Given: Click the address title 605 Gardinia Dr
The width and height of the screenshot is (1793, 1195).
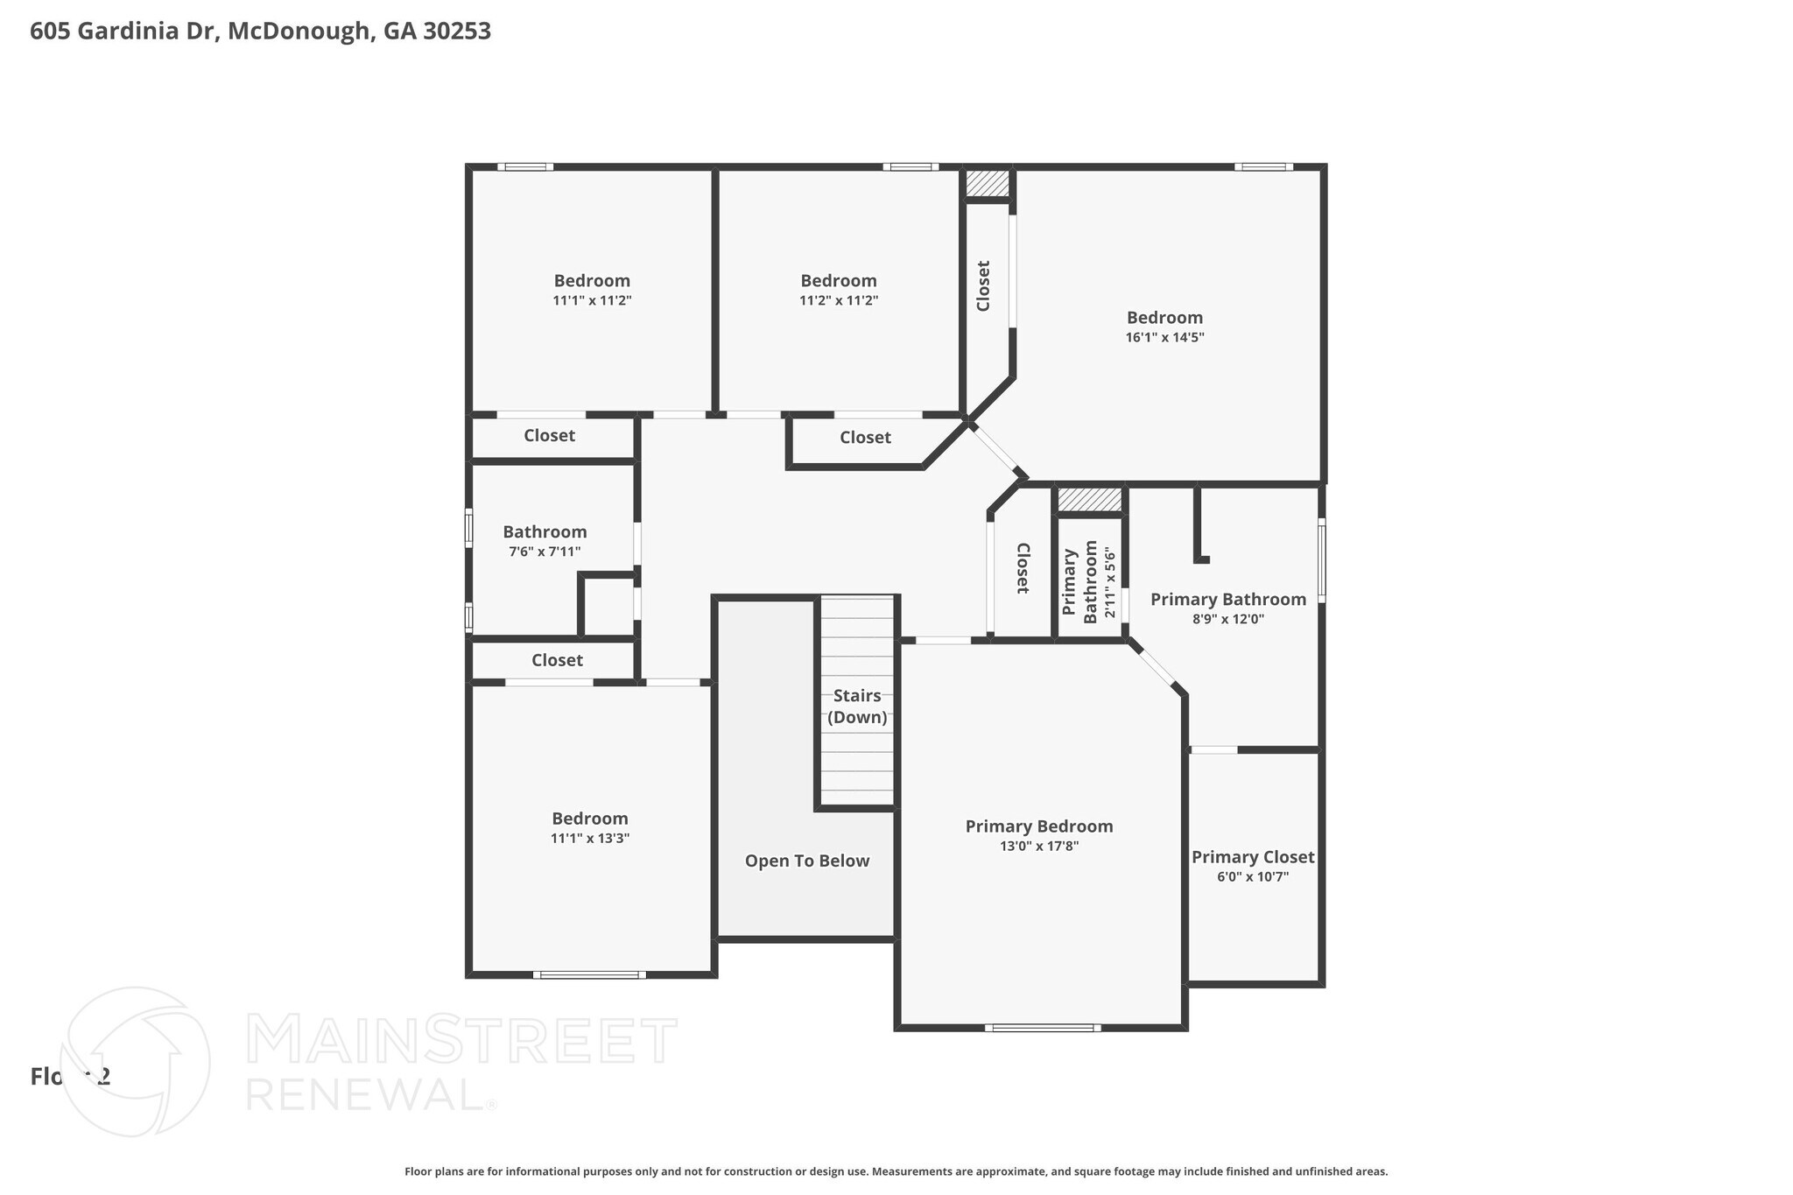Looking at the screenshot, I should coord(260,32).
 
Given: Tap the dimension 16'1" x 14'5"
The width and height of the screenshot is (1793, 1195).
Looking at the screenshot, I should coord(1164,337).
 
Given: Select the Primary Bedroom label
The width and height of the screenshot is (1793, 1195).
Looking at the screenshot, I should coord(1038,826).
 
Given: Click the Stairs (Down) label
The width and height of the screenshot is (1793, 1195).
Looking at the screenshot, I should coord(857,706).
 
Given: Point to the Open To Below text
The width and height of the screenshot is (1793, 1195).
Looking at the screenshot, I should coord(806,861).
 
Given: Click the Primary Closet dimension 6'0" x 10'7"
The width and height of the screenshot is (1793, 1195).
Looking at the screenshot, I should coord(1252,877).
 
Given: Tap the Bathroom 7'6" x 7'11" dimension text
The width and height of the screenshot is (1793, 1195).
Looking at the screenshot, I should coord(545,552).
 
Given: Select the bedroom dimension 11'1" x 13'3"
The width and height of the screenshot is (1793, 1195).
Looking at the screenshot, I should coord(589,838).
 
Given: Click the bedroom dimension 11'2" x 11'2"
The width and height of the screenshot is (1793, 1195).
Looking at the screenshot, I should coord(838,300).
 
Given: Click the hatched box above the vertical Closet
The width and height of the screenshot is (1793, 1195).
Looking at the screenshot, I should coord(988,183).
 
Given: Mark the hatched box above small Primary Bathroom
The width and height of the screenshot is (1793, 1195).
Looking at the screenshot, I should coord(1089,500).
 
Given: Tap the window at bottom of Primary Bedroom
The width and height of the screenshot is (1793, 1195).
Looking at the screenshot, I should coord(1042,1028).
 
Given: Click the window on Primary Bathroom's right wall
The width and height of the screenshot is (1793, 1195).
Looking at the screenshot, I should coord(1321,560).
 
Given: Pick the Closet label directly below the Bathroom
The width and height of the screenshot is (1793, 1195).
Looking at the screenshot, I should coord(557,660).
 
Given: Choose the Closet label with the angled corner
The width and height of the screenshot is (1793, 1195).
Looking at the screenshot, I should coord(865,438).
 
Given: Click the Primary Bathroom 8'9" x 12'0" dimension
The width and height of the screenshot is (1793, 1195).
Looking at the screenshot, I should coord(1227,619).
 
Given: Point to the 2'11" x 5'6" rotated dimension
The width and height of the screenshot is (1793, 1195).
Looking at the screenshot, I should coord(1110,582).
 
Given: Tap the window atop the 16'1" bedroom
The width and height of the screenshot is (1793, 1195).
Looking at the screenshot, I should coord(1263,167).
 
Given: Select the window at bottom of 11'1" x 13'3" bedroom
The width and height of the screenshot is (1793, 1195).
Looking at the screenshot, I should coord(589,974).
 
